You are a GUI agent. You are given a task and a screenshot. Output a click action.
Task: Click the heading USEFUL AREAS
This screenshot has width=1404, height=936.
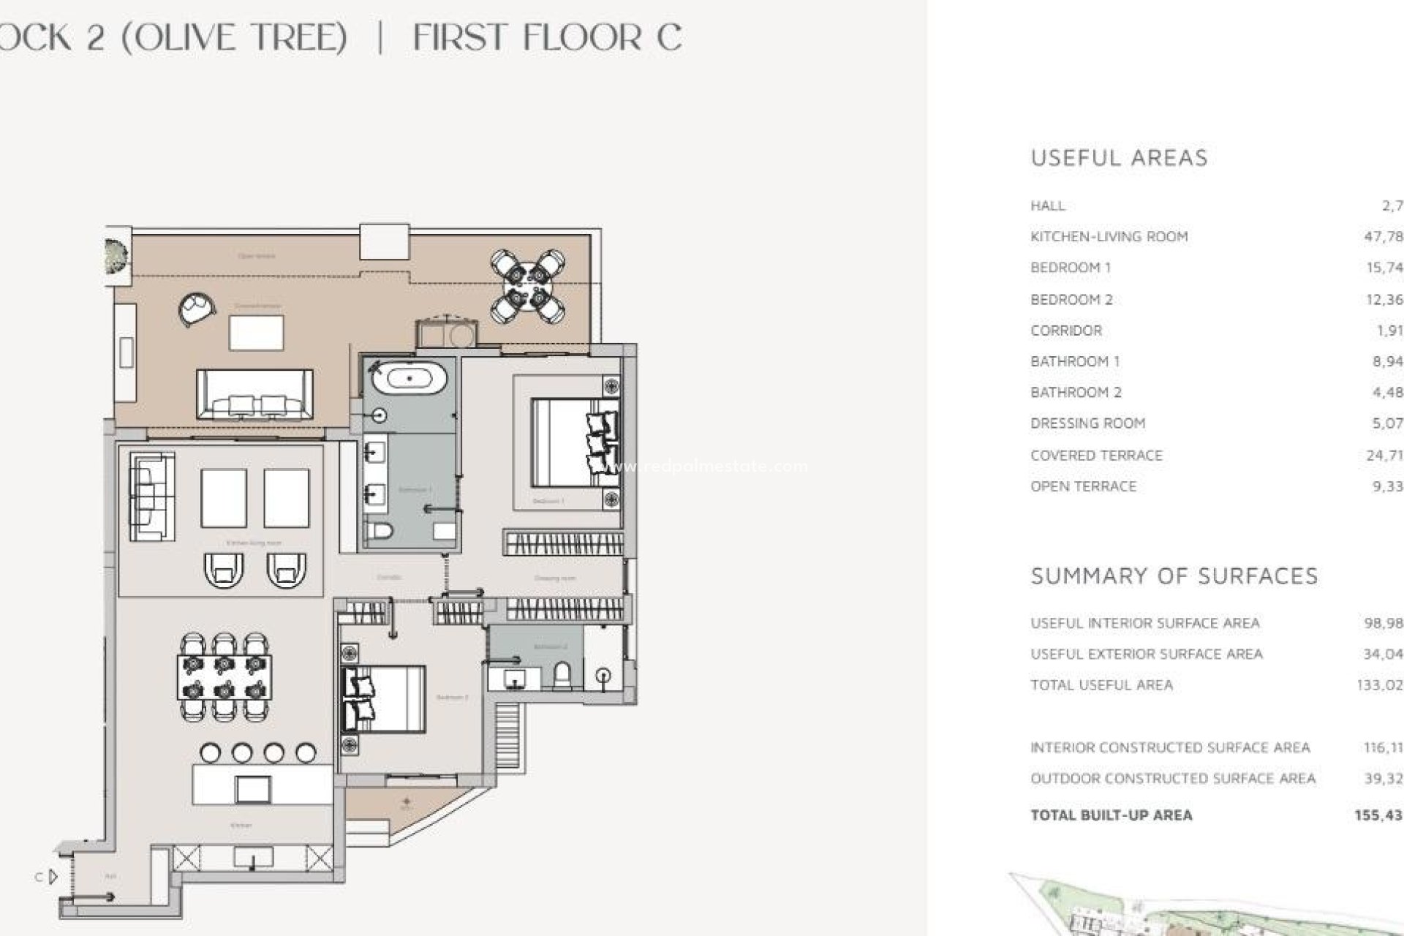coord(1119,158)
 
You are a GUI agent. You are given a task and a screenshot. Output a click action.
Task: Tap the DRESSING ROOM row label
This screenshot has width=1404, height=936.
coord(1087,423)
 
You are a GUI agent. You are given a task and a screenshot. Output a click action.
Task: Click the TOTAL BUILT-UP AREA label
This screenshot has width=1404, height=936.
coord(1111,815)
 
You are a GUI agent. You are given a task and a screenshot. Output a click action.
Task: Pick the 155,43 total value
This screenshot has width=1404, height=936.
coord(1378,815)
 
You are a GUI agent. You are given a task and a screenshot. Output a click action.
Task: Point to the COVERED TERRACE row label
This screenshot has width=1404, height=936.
coord(1096,456)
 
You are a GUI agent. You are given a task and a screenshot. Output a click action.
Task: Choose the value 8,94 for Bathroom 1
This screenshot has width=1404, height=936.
coord(1387,361)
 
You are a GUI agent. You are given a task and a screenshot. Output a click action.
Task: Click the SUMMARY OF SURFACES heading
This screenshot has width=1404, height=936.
coord(1174,576)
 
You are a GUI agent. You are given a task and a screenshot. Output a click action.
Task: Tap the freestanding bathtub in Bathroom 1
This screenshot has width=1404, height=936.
coord(409,378)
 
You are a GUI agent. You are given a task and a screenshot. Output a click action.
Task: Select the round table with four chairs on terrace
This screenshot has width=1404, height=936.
coord(528,286)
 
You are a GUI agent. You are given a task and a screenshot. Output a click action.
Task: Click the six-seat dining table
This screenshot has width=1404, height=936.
coord(224,677)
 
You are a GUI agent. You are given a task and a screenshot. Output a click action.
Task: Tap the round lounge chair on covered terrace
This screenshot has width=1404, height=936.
coord(196,308)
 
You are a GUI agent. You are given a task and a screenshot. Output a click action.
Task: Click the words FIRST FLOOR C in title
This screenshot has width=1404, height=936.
coord(547,37)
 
